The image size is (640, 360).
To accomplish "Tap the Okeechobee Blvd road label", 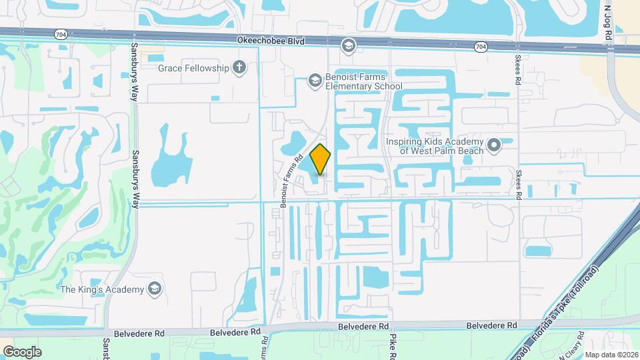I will [271, 41].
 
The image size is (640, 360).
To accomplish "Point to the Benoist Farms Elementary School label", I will [363, 81].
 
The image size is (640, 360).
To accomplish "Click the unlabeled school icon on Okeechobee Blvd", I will [347, 45].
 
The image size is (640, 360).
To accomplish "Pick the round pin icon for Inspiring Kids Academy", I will [494, 145].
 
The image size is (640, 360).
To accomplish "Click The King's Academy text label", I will [102, 289].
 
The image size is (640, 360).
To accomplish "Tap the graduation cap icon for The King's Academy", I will [155, 289].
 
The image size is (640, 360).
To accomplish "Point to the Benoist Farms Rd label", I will [292, 180].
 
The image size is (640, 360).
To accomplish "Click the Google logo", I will [22, 351].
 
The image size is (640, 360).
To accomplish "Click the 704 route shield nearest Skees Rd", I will [481, 47].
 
